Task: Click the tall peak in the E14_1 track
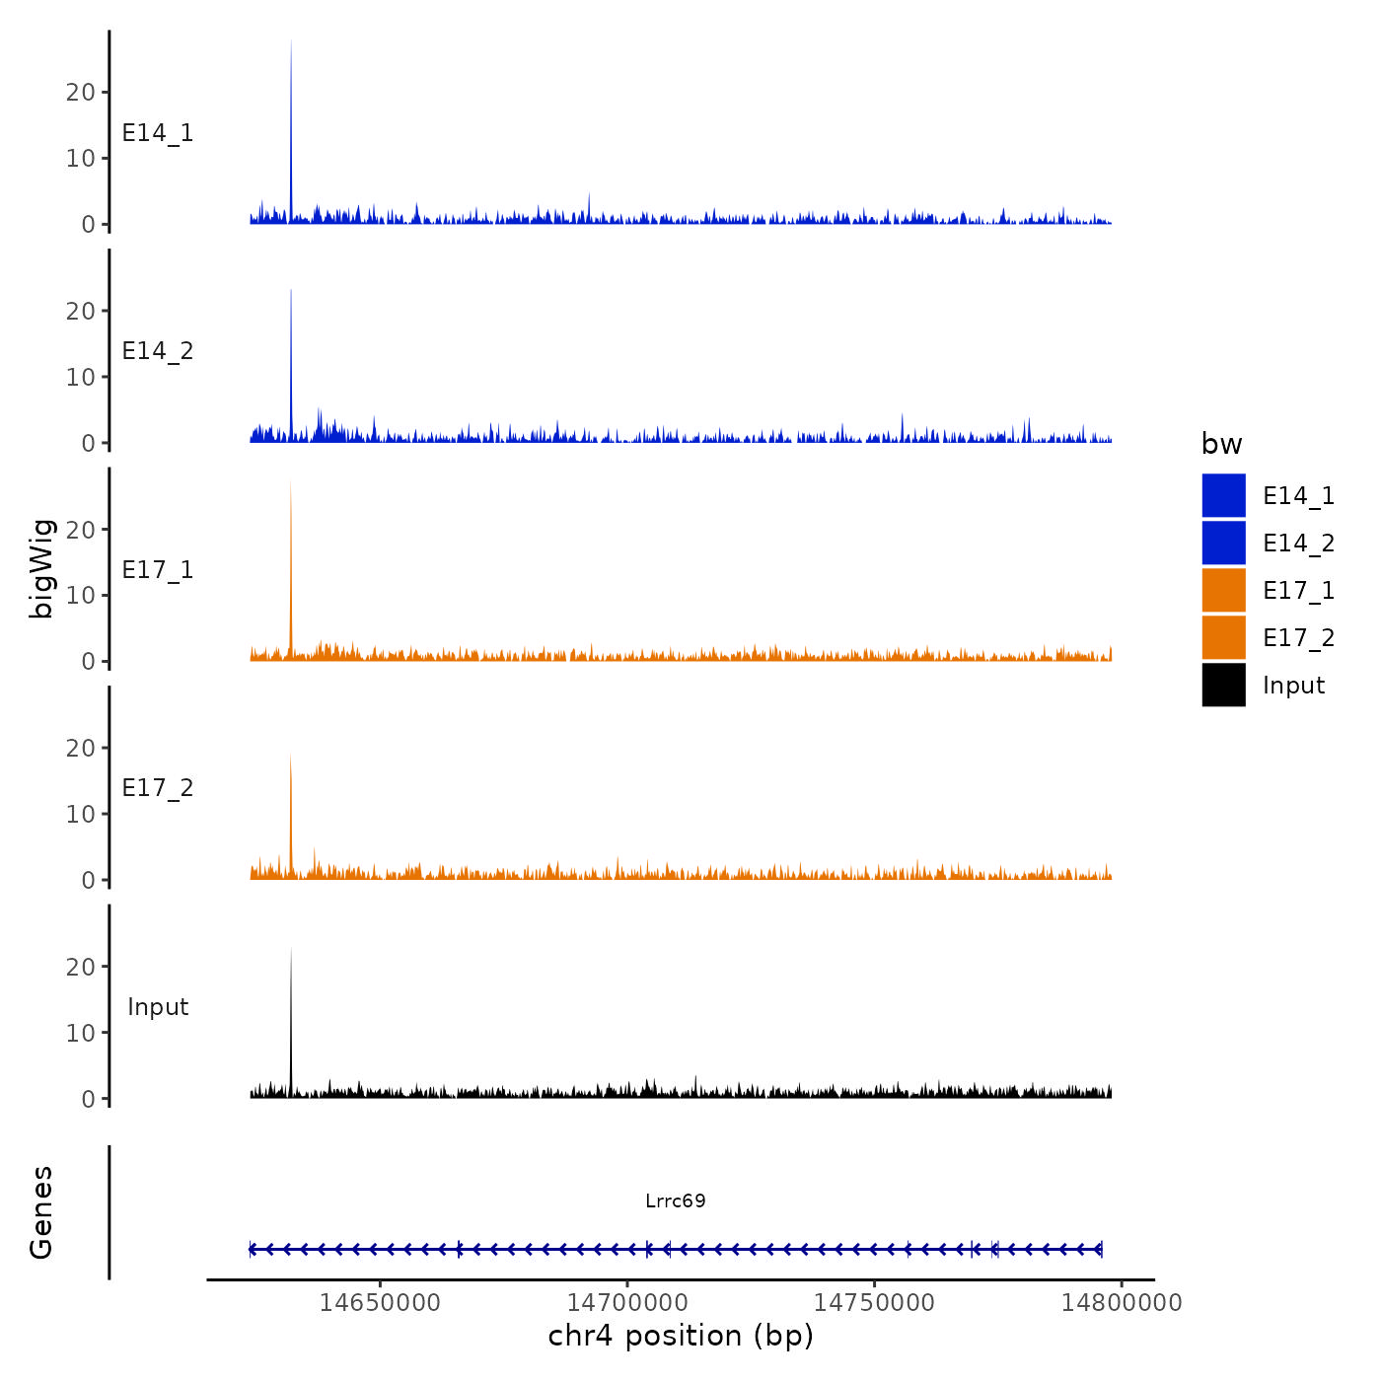[291, 118]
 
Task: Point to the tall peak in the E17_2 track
[290, 809]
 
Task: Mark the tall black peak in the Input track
[291, 1016]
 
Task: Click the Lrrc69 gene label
[676, 1200]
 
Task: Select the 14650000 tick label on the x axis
[380, 1302]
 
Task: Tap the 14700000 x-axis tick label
[627, 1302]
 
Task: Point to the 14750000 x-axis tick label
[874, 1302]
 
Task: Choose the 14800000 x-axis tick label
[1122, 1302]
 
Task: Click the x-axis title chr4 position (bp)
[681, 1336]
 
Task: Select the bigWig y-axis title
[41, 568]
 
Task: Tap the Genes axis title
[41, 1212]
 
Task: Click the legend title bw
[1221, 444]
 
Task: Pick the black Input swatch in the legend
[1223, 685]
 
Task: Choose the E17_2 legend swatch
[1223, 637]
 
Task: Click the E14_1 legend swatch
[1223, 495]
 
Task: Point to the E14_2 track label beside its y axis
[158, 351]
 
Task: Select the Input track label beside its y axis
[158, 1007]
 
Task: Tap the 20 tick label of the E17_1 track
[81, 530]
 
